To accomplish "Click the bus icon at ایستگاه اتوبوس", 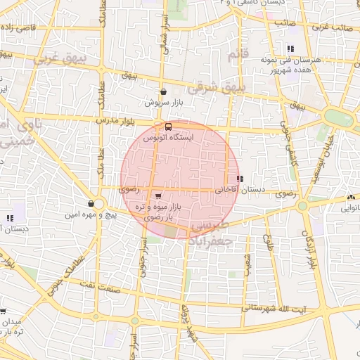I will pos(168,127).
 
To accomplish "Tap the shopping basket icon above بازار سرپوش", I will pos(163,91).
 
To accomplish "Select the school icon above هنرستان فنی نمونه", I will pos(290,49).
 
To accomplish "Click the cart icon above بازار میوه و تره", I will pos(158,195).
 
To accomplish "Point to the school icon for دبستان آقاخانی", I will pos(240,179).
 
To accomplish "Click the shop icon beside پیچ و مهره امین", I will pos(91,202).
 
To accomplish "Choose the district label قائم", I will pos(239,53).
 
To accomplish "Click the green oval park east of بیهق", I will pos(339,117).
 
